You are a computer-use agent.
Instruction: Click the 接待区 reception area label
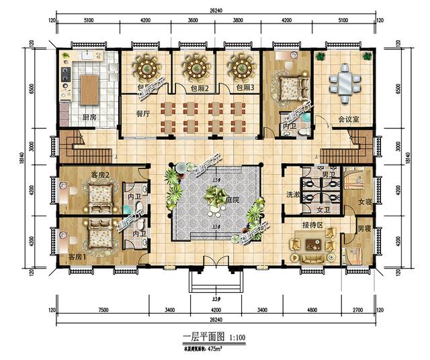(x=313, y=227)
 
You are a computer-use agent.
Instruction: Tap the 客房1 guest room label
(x=78, y=258)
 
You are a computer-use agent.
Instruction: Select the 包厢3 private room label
(x=243, y=88)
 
